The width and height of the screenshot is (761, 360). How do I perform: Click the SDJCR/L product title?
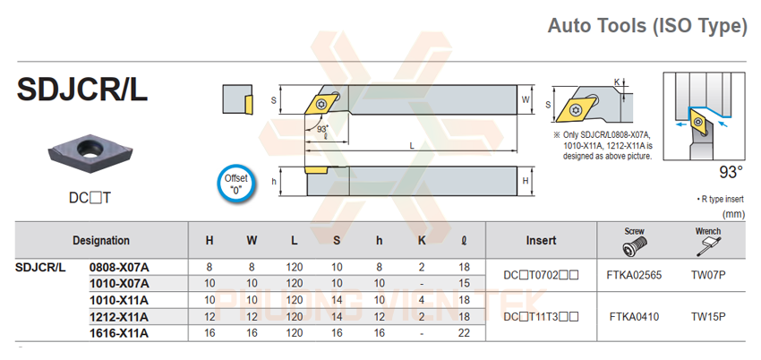(x=81, y=90)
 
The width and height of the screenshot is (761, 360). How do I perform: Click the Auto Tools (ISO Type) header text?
(x=646, y=26)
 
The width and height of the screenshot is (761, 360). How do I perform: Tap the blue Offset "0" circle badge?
(x=235, y=184)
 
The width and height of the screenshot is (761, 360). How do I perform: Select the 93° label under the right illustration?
(x=731, y=170)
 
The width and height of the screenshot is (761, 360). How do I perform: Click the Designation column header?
(x=101, y=240)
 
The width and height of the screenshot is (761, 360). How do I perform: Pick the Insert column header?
(x=541, y=240)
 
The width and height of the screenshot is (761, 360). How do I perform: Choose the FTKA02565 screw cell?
(x=634, y=275)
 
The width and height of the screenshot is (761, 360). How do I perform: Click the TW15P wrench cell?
(x=707, y=316)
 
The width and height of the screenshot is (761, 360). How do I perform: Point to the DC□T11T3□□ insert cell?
(x=541, y=316)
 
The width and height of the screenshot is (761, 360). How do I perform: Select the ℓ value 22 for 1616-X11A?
(x=463, y=333)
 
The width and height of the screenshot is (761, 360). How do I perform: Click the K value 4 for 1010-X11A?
(x=422, y=300)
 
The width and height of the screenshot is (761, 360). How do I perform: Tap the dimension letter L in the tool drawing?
(x=411, y=144)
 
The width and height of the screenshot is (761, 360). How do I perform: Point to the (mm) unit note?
(x=733, y=214)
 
